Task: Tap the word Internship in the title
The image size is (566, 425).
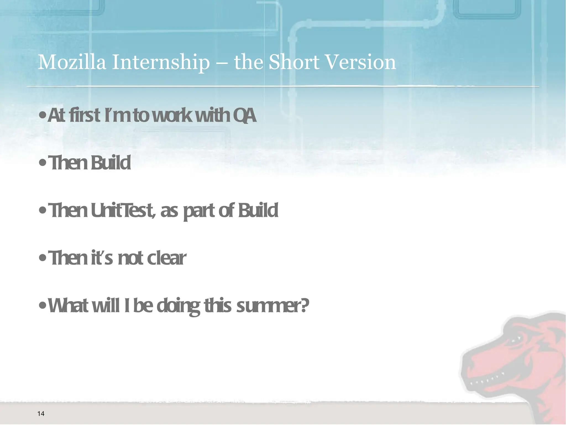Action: click(x=161, y=63)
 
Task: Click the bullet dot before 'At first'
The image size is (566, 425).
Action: click(x=42, y=116)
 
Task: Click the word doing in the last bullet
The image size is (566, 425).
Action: click(x=178, y=307)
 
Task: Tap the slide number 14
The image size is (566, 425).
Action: click(x=41, y=413)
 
